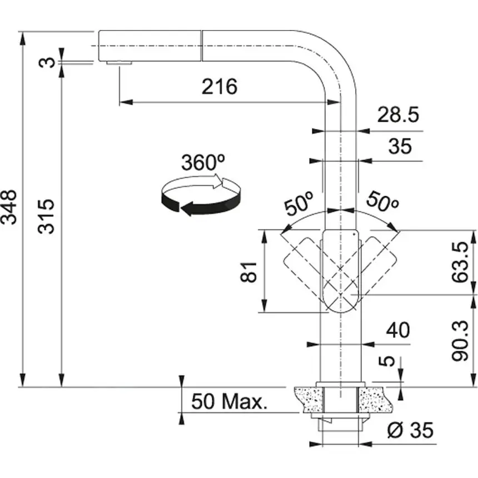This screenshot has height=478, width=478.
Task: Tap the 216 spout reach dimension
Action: [x=219, y=87]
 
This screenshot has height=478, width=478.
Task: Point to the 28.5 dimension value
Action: [x=397, y=115]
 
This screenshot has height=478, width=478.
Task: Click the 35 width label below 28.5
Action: [x=400, y=146]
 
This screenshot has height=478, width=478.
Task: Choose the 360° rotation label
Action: [x=203, y=163]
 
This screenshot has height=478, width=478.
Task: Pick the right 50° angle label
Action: [x=382, y=203]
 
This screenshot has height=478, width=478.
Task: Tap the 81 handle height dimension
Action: [x=251, y=271]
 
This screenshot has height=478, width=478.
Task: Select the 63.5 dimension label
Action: [x=460, y=262]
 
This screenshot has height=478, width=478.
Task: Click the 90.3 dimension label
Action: [x=460, y=341]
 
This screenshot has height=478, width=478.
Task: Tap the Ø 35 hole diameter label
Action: [x=410, y=430]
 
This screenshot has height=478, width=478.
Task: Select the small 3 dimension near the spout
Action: [x=50, y=61]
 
